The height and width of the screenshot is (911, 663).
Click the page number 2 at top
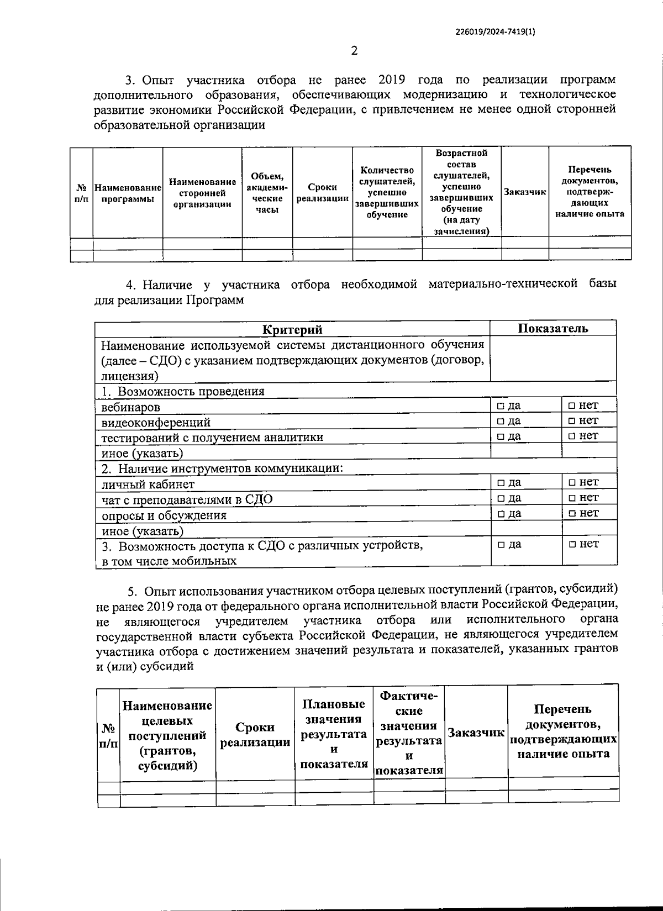[x=354, y=51]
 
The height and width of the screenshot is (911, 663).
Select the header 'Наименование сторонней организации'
[x=202, y=193]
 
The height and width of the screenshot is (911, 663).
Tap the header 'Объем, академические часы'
[x=267, y=193]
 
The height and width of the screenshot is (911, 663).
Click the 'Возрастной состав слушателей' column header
[x=461, y=192]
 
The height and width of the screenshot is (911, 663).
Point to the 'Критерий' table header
[x=292, y=330]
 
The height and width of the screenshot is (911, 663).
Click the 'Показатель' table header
[x=552, y=328]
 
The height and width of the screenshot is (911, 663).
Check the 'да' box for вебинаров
[x=500, y=406]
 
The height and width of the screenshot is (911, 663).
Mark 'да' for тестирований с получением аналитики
[x=500, y=436]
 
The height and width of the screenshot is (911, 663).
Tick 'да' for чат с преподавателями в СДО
[x=500, y=498]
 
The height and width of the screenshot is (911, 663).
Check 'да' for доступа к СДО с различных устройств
[x=500, y=545]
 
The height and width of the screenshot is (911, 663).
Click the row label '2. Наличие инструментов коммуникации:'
[x=223, y=469]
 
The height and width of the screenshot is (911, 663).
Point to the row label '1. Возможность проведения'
[x=183, y=392]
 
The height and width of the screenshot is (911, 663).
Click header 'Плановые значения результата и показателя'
[x=334, y=734]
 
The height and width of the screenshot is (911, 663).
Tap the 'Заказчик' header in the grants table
[x=476, y=733]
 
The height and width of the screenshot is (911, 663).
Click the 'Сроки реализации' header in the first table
[x=322, y=193]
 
